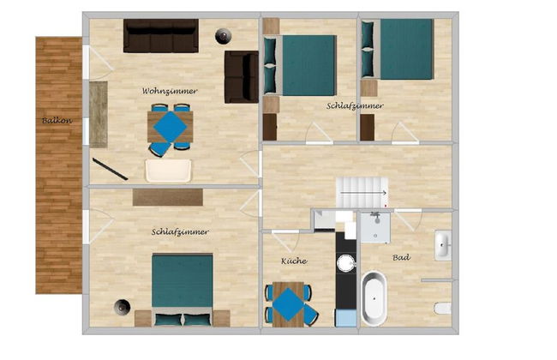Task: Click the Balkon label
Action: point(57,121)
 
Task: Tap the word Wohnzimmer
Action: point(170,91)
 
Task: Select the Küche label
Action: point(294,261)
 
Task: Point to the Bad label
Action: point(401,257)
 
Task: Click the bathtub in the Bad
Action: point(374,298)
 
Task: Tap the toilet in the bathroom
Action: point(443,308)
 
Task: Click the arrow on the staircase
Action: point(363,193)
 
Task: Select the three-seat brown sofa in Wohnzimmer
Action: point(161,36)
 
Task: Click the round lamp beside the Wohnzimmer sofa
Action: point(224,36)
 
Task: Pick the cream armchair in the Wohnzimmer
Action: point(168,171)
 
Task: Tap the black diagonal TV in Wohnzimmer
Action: point(111,169)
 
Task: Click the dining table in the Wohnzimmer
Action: point(171,127)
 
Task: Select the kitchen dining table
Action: point(289,304)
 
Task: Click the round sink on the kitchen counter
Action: point(346,263)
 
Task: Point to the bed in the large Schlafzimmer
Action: point(183,290)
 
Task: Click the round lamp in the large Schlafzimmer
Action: point(123,307)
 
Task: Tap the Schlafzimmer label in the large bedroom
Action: point(180,232)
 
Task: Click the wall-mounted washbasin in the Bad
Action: point(443,245)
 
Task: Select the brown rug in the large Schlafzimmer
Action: point(168,197)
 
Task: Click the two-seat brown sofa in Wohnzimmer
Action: point(242,77)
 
